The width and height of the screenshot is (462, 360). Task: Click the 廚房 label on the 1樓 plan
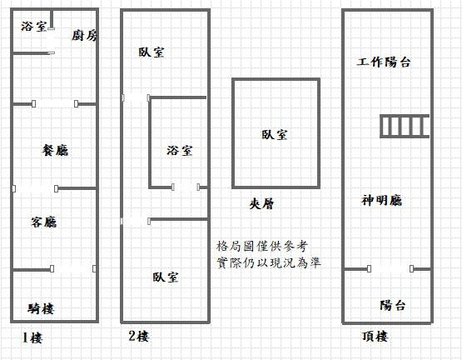(84, 36)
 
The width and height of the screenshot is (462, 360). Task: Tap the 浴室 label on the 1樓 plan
(34, 27)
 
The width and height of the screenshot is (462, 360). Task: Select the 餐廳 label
(55, 150)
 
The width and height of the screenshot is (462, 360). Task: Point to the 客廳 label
(43, 222)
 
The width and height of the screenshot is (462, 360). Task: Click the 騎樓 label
(41, 308)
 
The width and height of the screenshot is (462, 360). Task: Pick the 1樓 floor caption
(32, 337)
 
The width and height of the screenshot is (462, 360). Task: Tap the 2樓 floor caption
(139, 336)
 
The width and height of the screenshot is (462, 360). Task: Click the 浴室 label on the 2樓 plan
(180, 151)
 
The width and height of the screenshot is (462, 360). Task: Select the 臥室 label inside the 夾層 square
(275, 135)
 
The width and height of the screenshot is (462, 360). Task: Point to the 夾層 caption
(261, 203)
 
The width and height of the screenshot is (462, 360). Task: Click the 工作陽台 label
(384, 62)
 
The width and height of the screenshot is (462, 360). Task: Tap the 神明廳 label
(382, 201)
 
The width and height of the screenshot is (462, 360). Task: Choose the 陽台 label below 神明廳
(393, 305)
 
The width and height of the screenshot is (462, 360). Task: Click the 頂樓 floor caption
(375, 337)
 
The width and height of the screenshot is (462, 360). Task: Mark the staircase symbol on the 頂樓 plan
(405, 127)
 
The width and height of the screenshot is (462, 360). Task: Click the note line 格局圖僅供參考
(262, 246)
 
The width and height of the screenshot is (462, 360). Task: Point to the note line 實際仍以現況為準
(269, 262)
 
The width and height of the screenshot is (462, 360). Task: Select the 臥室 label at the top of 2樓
(152, 52)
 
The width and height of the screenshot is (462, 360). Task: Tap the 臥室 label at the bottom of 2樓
(166, 277)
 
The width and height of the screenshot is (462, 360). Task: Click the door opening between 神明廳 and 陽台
(390, 269)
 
